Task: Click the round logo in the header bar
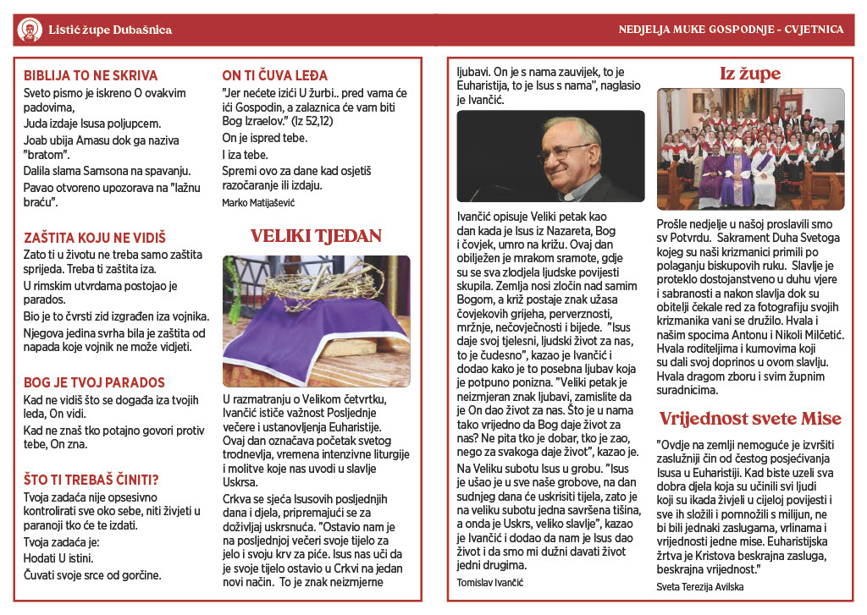point(29,30)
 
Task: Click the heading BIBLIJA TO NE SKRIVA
point(91,75)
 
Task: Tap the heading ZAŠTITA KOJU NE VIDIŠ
point(95,239)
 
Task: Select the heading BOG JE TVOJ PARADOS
point(94,382)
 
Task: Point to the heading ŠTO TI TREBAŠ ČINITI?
point(91,480)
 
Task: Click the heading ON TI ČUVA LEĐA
point(274,75)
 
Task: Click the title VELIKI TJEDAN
point(316,236)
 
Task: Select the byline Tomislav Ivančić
point(490,584)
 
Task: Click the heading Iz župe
point(749,74)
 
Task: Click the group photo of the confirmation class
point(750,149)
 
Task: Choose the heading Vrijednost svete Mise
point(750,419)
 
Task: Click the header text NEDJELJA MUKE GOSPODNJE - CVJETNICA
point(731,30)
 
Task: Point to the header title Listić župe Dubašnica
point(109,30)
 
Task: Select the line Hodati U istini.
point(58,558)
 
